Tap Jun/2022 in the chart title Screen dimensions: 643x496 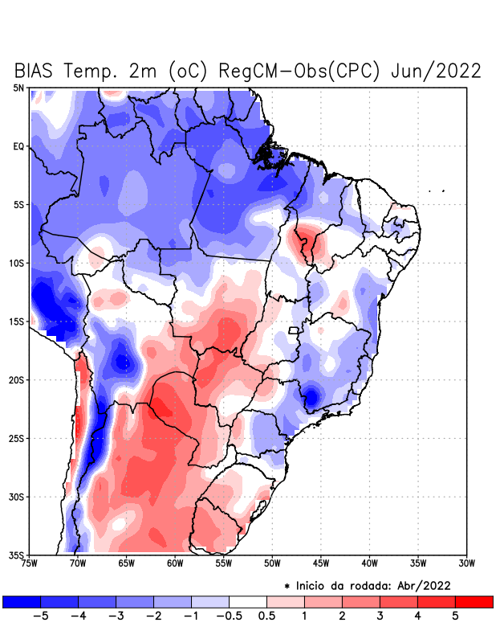tap(436, 71)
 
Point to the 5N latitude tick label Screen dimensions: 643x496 tap(18, 88)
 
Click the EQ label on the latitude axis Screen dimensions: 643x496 tap(18, 146)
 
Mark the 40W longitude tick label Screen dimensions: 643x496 tap(370, 563)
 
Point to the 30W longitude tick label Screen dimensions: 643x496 tap(467, 563)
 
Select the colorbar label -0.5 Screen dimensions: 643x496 tap(228, 616)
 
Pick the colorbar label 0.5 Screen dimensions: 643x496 tap(267, 616)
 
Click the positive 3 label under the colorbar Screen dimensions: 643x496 tap(380, 616)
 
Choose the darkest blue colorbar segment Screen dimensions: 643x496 tap(22, 601)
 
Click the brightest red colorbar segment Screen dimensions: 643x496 tap(474, 601)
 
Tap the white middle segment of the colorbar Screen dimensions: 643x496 tap(248, 601)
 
